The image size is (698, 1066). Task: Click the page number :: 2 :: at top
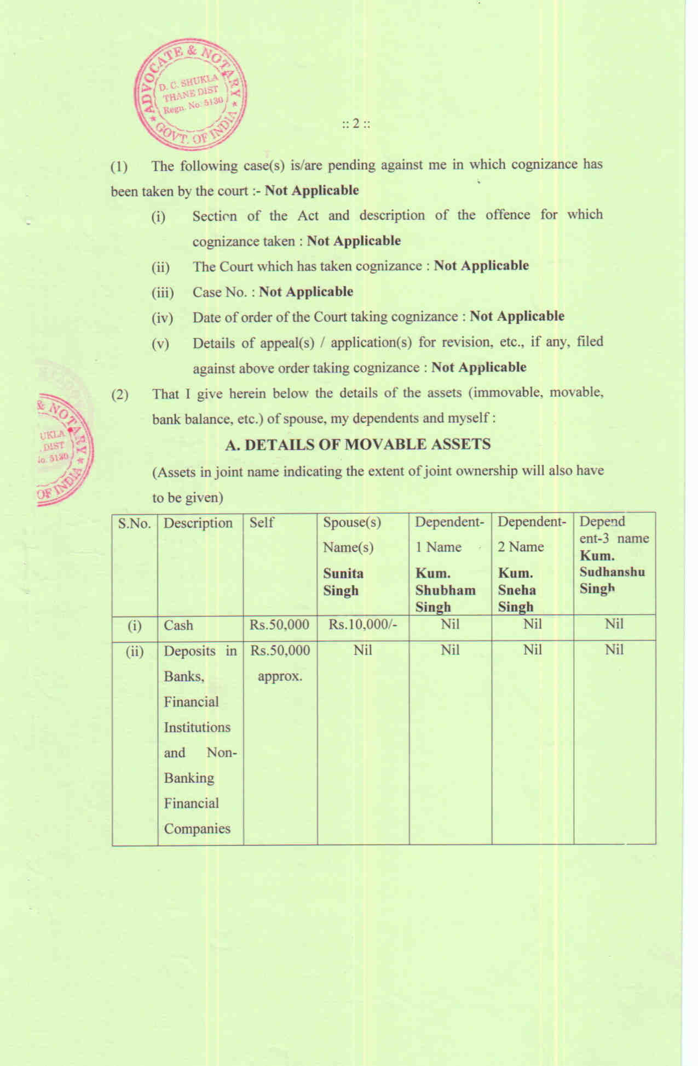coord(356,123)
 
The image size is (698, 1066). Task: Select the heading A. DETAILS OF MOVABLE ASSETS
coord(357,444)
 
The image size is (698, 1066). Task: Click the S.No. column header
coord(134,523)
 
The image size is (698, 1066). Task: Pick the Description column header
coord(198,523)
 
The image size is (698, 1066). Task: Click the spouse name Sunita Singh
coord(343,582)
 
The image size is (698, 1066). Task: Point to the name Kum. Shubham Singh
coord(445,590)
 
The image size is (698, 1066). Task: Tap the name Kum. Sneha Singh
coord(517,590)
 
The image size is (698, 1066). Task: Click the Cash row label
coord(178,625)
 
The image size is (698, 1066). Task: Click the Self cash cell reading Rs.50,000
coord(279,625)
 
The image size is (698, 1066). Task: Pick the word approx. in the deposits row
coord(280,676)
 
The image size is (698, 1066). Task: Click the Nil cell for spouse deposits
coord(363,651)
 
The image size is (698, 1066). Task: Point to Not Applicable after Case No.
coord(306,292)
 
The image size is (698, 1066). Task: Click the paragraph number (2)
coord(120,394)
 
